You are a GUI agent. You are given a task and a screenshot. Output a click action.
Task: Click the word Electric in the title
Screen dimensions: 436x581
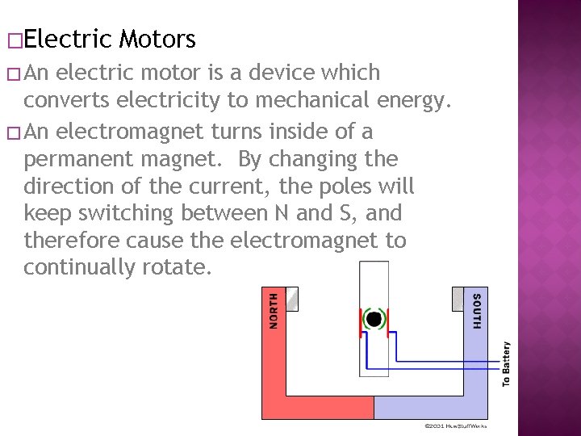[69, 38]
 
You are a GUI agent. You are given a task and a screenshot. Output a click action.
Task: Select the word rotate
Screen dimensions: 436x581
[178, 268]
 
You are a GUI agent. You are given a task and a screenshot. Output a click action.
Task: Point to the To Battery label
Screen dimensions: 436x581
[506, 363]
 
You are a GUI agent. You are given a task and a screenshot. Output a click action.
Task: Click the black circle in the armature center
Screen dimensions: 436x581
[374, 319]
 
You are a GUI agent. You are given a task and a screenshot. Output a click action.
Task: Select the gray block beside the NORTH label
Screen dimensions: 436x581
[292, 298]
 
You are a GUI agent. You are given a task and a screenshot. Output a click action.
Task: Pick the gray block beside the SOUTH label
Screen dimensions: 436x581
[458, 298]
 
